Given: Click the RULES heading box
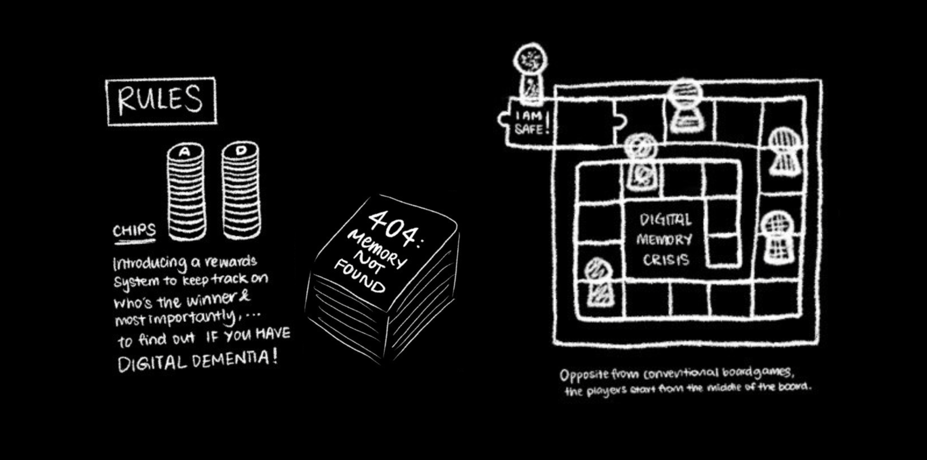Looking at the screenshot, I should [161, 101].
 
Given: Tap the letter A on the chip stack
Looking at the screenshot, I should [185, 152].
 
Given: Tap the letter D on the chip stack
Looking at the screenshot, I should [241, 150].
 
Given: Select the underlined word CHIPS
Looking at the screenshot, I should [134, 230].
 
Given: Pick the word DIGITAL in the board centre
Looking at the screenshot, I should [665, 219].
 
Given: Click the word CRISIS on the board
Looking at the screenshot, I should [666, 260].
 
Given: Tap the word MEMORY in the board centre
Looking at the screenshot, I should [664, 240].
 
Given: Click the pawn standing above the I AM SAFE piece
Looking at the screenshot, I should [531, 73].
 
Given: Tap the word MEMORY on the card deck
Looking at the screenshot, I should [376, 250].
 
